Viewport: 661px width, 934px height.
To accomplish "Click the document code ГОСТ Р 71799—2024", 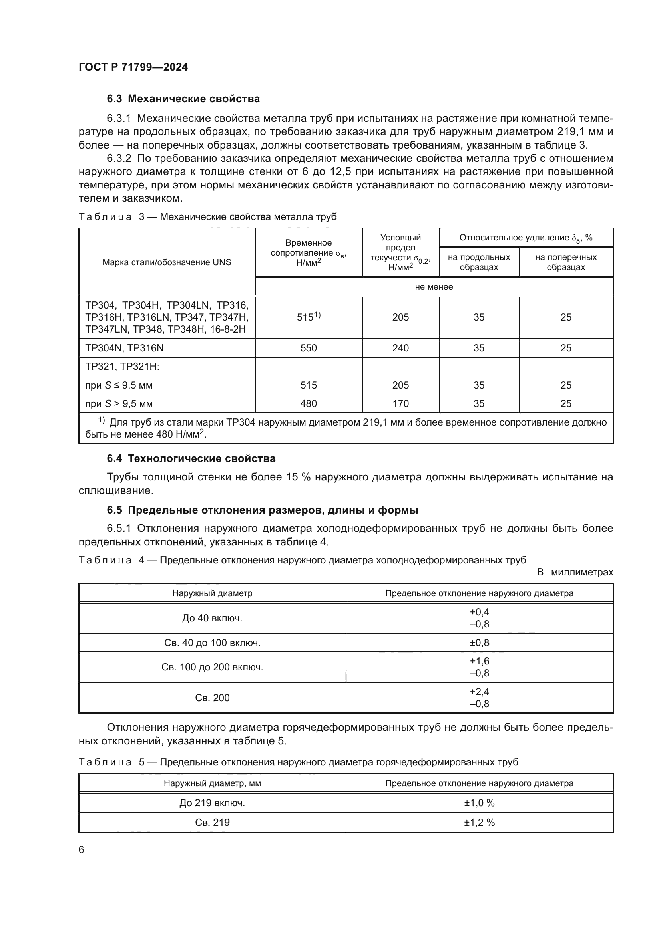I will [133, 67].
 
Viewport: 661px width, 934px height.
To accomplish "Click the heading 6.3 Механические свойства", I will [183, 99].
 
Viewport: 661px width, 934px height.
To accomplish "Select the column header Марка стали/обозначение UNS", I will [167, 262].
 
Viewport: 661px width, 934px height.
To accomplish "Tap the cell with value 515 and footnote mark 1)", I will [309, 317].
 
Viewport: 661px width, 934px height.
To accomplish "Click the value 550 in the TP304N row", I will [309, 348].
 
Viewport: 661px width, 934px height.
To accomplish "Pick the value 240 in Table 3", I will [400, 348].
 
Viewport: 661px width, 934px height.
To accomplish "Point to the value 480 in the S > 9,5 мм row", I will [309, 404].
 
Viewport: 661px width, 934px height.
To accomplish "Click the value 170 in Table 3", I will [400, 404].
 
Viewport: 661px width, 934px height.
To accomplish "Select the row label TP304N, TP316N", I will [125, 348].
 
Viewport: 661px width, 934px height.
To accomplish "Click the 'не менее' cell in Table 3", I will [434, 286].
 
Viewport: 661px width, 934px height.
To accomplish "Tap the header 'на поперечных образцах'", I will [566, 262].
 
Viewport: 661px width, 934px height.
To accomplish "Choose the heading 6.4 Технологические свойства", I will [191, 458].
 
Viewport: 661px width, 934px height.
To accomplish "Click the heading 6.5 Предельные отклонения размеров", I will [263, 510].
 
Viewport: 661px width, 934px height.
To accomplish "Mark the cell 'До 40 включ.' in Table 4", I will [212, 618].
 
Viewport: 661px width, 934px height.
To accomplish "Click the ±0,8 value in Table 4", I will [480, 643].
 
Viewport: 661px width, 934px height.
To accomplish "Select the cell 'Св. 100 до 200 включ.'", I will [212, 667].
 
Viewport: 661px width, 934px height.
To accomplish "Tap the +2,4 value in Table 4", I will [480, 692].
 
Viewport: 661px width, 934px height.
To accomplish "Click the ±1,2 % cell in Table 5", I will [480, 823].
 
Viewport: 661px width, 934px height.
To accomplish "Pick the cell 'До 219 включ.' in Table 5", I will [212, 803].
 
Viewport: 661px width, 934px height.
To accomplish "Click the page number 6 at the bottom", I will [82, 850].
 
